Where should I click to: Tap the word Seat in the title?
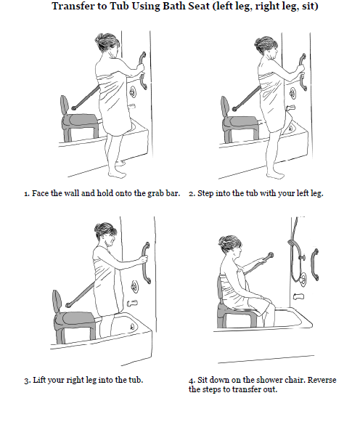[197, 6]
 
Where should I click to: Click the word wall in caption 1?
[71, 193]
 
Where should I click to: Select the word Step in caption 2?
[205, 193]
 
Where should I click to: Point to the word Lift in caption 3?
[38, 380]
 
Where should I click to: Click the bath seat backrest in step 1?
[65, 105]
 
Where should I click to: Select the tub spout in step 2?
[290, 108]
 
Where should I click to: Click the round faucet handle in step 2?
[293, 94]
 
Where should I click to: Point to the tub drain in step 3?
[132, 327]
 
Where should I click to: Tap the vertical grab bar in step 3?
[146, 263]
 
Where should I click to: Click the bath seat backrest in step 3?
[57, 301]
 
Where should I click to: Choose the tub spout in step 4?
[299, 296]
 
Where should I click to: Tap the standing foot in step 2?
[275, 175]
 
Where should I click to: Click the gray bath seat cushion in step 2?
[240, 123]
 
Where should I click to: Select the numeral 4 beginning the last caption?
[191, 381]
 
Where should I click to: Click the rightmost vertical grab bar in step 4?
[314, 265]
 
